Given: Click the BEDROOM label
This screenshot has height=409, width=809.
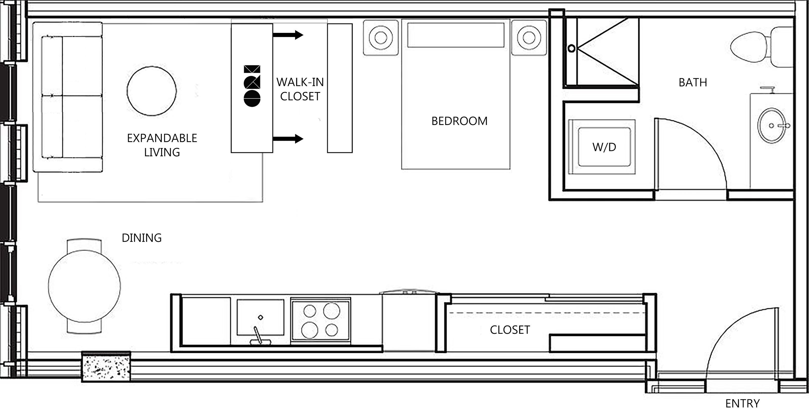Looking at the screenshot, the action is pos(459,121).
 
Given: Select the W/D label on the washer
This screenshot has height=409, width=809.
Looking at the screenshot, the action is pos(604,147).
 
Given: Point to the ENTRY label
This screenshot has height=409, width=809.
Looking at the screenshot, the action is pos(743,403).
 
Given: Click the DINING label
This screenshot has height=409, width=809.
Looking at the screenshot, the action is pos(142,238).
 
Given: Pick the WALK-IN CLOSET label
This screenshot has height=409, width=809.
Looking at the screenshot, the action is pos(300,89).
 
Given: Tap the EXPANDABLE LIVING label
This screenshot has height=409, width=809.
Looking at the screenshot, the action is pos(162,145).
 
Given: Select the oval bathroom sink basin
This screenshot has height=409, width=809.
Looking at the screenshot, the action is pos(772,126).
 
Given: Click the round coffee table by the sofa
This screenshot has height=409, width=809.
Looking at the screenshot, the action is pos(152,91).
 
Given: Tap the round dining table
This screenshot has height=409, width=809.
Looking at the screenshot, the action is pos(84,286).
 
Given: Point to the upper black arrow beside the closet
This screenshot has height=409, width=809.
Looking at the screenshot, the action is pos(288,35).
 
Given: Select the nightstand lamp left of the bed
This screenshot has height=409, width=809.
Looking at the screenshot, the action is pos(381,38).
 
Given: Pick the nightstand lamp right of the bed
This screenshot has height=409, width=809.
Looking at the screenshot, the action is pos(529,38).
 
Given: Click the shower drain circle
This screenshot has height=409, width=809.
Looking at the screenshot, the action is pos(572,48).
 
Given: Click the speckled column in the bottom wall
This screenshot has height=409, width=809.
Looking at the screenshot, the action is pos(106,367).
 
